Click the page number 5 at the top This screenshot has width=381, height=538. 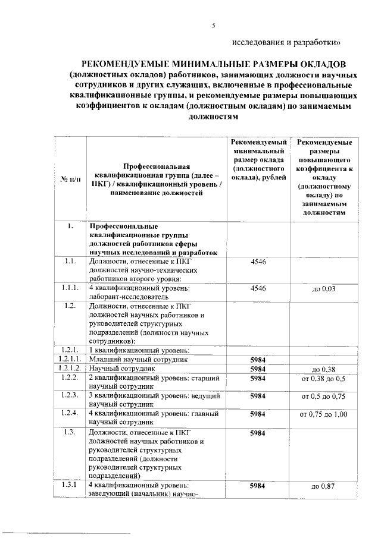(213, 25)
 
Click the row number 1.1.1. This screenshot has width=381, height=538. (69, 288)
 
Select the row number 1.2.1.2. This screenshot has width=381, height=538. (69, 369)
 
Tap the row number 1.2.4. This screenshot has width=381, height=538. (69, 414)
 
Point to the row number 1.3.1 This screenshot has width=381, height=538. (69, 486)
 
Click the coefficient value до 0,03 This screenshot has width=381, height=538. (324, 289)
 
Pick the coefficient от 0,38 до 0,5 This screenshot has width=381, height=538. (324, 378)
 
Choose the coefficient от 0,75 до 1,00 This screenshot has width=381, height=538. (324, 414)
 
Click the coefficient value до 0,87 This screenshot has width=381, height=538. (324, 487)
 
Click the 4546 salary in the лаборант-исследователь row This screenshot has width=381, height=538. (258, 288)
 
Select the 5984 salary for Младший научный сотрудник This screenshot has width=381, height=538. (258, 359)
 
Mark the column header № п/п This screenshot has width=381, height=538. (69, 177)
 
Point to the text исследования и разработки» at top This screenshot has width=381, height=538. (287, 42)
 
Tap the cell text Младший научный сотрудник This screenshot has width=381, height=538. (139, 359)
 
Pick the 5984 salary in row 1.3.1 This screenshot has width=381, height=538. (258, 486)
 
